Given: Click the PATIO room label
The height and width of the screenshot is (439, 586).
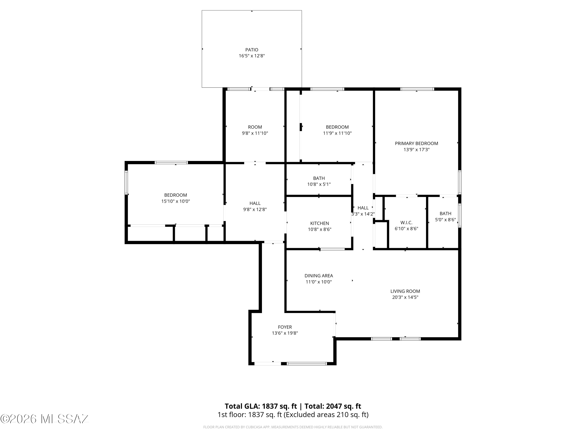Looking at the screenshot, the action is click(x=252, y=50).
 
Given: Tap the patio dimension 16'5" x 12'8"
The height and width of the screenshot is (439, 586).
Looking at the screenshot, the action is click(x=252, y=56).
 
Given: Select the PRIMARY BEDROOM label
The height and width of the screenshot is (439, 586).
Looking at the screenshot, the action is click(x=416, y=143).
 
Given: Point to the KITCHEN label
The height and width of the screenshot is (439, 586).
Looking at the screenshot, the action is click(x=320, y=223).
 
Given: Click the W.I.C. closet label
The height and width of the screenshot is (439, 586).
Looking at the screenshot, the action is click(x=406, y=223).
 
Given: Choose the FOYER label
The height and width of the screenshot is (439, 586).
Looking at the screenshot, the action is click(x=285, y=327).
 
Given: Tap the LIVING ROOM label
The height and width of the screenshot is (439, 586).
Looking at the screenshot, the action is click(x=405, y=291).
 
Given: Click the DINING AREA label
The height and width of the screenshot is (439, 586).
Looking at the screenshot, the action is click(x=319, y=276).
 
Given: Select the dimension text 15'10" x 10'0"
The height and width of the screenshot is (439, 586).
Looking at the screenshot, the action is click(x=176, y=201).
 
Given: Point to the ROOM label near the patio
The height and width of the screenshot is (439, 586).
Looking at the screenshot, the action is click(x=255, y=127).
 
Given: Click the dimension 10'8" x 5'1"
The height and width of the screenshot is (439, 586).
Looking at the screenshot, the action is click(x=319, y=184).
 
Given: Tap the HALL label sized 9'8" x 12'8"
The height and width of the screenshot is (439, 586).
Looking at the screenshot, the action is click(x=255, y=203).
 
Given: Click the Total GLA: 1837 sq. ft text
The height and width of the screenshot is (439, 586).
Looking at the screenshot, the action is click(x=261, y=406).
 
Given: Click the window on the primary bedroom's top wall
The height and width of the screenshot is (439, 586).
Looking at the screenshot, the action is click(x=417, y=89).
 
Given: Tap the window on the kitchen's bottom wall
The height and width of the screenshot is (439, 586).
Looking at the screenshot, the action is click(x=332, y=249).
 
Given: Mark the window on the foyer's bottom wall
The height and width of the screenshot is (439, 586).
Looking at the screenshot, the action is click(x=307, y=363).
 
